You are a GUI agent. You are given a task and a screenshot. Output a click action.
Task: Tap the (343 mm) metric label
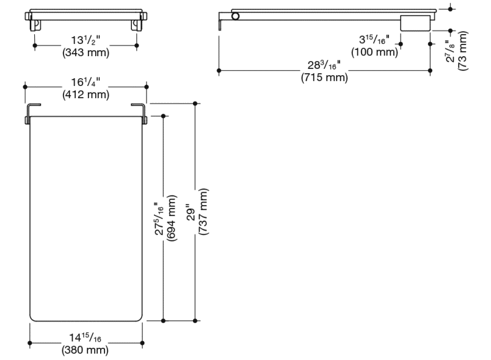click(85, 52)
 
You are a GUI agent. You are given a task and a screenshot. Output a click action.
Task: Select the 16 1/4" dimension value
click(85, 82)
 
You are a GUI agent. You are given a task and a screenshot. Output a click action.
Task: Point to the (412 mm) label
click(85, 94)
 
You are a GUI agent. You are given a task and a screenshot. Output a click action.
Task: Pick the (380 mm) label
click(85, 350)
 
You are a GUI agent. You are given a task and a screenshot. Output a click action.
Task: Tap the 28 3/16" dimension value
click(324, 65)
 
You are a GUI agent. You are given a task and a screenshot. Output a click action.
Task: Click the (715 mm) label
click(324, 77)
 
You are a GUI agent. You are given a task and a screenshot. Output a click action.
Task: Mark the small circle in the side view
click(236, 16)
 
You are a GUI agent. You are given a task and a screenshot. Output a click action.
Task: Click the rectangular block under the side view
click(414, 23)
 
